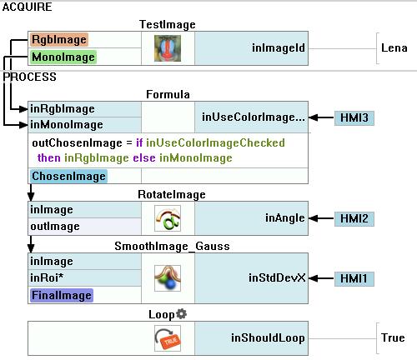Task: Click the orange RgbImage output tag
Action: [x=59, y=40]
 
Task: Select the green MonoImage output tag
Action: [x=63, y=57]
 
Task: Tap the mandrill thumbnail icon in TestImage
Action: [x=168, y=48]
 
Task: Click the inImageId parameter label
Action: [x=279, y=48]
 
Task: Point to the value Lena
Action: [x=394, y=48]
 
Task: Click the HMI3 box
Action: [x=354, y=117]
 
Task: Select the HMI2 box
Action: [x=354, y=218]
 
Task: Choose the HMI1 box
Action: [x=354, y=278]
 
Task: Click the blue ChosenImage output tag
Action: [x=68, y=177]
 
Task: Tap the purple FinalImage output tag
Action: [x=62, y=295]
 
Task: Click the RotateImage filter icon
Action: [x=168, y=218]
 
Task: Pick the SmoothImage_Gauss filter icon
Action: [x=168, y=278]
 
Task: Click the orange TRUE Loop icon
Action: [x=168, y=338]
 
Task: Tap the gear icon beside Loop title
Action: [x=182, y=314]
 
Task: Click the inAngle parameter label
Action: [x=285, y=218]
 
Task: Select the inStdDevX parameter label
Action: [x=277, y=277]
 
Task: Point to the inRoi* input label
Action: [x=47, y=277]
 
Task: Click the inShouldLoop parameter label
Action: [x=268, y=338]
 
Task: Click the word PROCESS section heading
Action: [x=29, y=77]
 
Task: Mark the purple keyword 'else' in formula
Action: [x=144, y=158]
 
